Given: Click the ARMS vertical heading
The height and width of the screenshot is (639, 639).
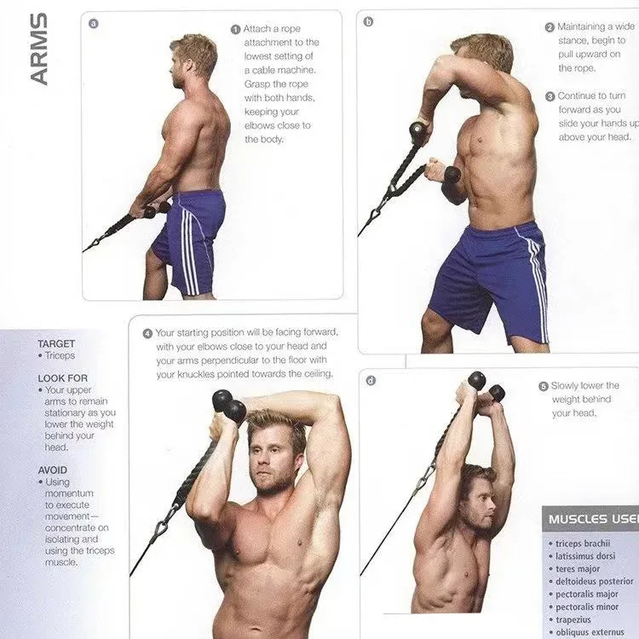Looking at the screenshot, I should coord(39,49).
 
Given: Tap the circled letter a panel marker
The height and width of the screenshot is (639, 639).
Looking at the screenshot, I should coord(93,23).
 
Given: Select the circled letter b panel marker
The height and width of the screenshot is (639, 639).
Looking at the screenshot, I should coord(368,21).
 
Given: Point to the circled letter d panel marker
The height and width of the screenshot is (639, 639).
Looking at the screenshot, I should coord(371,380).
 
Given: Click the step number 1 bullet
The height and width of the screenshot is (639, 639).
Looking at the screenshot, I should coord(235,29).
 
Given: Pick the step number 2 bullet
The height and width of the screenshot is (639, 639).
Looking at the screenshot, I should coord(550,27).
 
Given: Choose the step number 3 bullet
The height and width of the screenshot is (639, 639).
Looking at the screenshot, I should coord(550,96).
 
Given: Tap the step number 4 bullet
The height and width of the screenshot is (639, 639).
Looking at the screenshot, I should coord(147,333).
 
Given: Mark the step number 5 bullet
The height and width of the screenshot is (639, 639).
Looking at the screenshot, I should coord(543,386).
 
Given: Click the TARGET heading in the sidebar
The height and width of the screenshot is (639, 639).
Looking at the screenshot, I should coord(56,344).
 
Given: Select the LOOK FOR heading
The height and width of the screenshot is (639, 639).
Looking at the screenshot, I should coord(62,377).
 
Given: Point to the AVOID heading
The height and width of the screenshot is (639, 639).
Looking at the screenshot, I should coord(53,469).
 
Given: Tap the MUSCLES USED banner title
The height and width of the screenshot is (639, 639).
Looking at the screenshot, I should coord(593,519).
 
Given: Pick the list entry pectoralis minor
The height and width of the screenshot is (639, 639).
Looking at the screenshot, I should coord(590,607).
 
